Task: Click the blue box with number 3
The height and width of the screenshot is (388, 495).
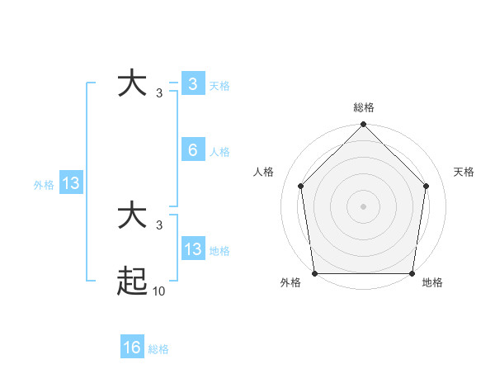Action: tap(192, 84)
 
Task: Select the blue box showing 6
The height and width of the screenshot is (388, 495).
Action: tap(192, 150)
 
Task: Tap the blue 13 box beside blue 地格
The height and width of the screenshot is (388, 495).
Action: tap(192, 249)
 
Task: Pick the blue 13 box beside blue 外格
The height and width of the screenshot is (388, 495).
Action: tap(71, 183)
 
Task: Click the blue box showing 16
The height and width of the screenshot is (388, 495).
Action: tap(132, 348)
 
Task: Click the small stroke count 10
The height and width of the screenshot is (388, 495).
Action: tap(158, 291)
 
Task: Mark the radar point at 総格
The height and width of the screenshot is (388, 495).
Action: tap(363, 125)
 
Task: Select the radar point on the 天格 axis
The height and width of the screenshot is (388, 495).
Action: tap(426, 186)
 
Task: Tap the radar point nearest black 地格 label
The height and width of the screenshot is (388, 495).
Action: tap(412, 273)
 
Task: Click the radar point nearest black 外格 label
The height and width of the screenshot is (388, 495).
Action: tap(314, 273)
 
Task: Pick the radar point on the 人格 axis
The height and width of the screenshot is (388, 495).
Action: tap(300, 186)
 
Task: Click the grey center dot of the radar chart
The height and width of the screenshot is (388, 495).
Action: tap(363, 206)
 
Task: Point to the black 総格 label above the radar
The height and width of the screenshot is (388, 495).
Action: tap(363, 107)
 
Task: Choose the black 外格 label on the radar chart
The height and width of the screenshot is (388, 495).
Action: tap(290, 283)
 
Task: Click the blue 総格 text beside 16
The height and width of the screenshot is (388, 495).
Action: tap(158, 349)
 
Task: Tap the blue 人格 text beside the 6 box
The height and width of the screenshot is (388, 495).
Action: tap(219, 152)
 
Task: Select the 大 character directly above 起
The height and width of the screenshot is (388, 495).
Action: tap(133, 216)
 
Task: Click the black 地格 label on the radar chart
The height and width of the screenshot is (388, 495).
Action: tap(432, 283)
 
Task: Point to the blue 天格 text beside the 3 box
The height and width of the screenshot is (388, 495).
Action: tap(219, 86)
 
